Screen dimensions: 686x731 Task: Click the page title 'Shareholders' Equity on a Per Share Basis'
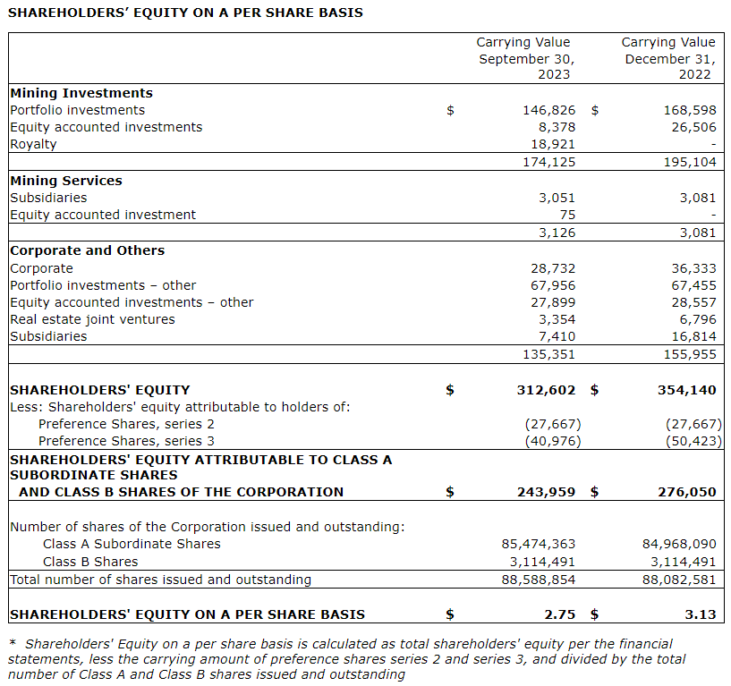tap(185, 13)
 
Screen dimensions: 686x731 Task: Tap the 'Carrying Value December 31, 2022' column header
tap(668, 58)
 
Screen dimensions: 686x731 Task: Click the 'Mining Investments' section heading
tap(81, 93)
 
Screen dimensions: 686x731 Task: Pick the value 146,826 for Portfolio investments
tap(549, 110)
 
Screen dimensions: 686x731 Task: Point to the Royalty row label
tap(33, 144)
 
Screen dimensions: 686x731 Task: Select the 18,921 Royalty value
tap(553, 144)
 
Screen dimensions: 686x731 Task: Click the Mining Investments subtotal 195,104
tap(690, 162)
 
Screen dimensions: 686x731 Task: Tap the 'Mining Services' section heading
tap(66, 181)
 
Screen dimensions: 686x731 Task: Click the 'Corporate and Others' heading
tap(88, 250)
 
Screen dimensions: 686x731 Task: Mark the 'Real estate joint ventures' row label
tap(92, 319)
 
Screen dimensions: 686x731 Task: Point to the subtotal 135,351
tap(549, 353)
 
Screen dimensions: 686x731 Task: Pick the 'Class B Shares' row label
tap(90, 562)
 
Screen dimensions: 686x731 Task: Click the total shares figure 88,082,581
tap(680, 580)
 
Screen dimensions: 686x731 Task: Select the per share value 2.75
tap(561, 614)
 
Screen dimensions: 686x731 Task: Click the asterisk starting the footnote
tap(13, 643)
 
